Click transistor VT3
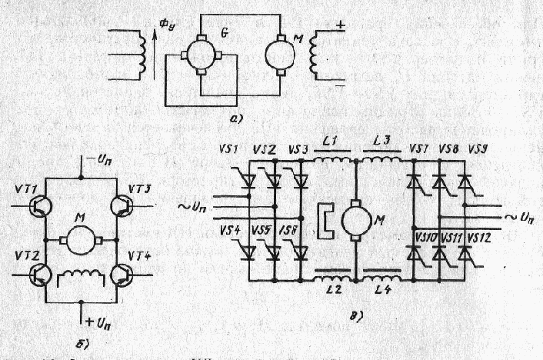[122, 205]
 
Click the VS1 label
[244, 148]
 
